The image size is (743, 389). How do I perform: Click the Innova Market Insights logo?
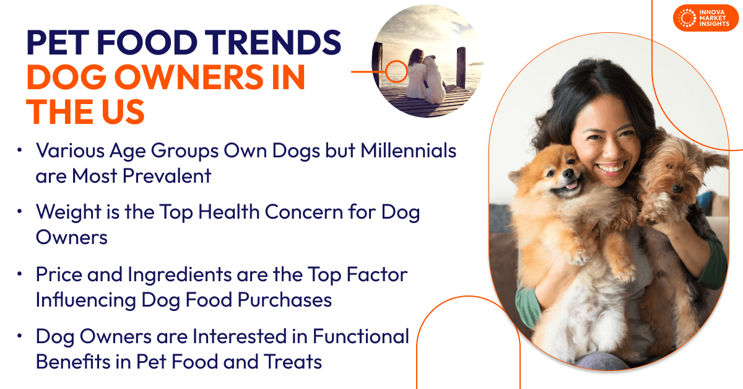(x=705, y=18)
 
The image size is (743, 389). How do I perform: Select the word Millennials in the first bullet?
(x=408, y=151)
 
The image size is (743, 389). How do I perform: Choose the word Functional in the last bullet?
(x=360, y=336)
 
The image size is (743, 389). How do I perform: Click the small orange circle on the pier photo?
(x=396, y=71)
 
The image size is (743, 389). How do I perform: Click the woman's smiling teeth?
(x=611, y=169)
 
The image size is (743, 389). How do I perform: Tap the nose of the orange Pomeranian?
(x=568, y=173)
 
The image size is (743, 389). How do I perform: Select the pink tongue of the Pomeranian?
(x=571, y=185)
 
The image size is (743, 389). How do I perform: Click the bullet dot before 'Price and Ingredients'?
(x=20, y=274)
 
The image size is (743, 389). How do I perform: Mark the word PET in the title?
(x=58, y=43)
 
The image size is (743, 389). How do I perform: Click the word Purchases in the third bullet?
(x=285, y=300)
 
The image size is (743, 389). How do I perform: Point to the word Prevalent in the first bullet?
(x=167, y=175)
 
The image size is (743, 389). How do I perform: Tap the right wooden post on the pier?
(x=461, y=68)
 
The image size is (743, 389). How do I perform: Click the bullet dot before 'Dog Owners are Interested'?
(x=20, y=336)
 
